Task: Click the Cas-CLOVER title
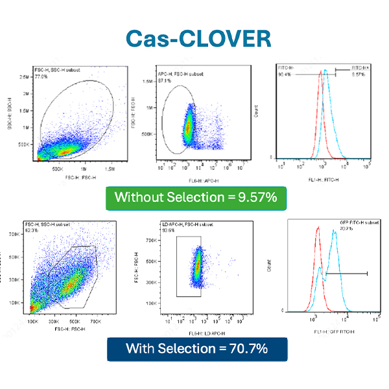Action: pos(194,37)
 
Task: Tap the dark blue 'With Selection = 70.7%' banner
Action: pos(196,348)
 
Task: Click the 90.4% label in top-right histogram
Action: pos(283,74)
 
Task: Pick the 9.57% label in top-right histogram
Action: pos(359,74)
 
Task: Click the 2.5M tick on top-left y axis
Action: pos(24,77)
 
